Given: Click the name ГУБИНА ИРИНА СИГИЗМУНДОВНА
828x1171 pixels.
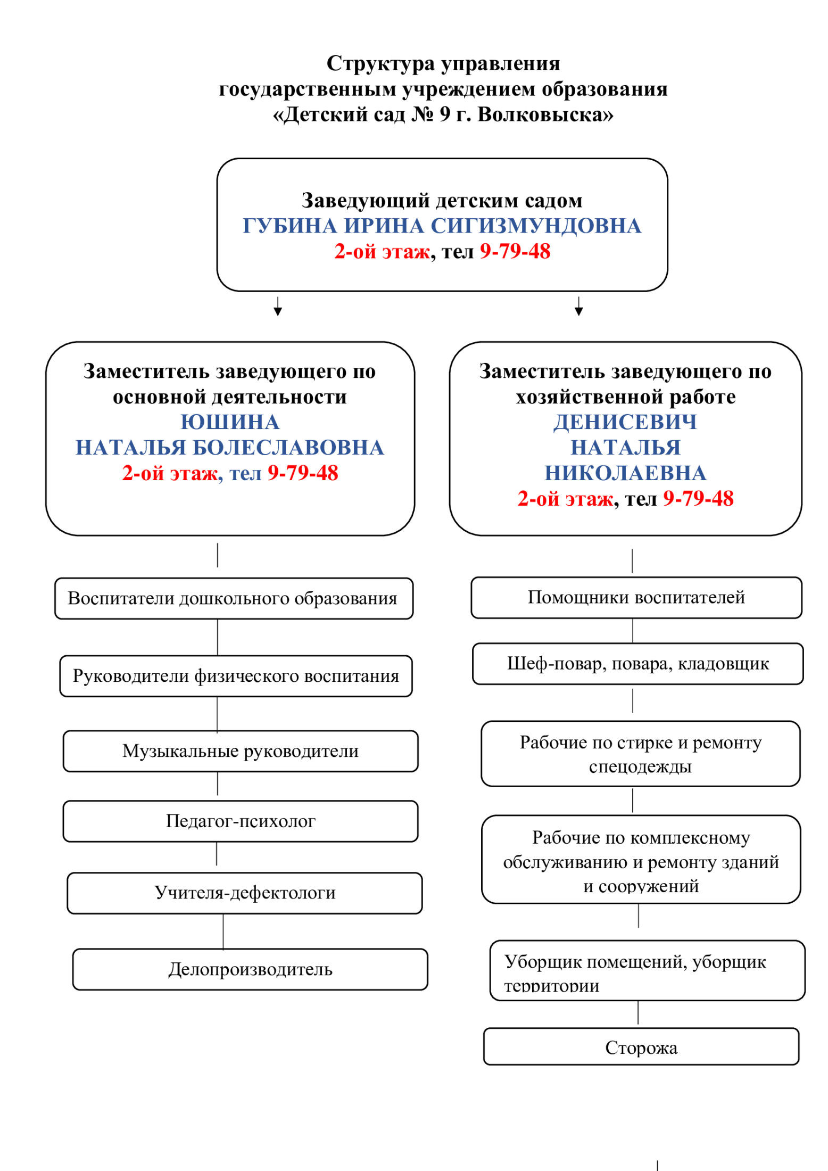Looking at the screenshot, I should click(442, 226).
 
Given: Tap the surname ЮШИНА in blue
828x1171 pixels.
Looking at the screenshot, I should click(230, 422).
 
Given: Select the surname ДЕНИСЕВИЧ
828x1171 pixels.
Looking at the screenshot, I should click(625, 422).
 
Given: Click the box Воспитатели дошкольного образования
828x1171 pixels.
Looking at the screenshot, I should click(233, 598).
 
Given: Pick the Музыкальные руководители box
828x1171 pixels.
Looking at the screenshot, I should click(240, 751).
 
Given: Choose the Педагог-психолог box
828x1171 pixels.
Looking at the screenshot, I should click(240, 821).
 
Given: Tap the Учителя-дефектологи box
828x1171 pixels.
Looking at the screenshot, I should click(245, 893).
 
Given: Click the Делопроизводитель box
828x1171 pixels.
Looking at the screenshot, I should click(250, 969).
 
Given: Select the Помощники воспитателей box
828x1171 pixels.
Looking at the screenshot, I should click(636, 597).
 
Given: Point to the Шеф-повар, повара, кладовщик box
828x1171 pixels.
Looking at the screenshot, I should click(637, 664).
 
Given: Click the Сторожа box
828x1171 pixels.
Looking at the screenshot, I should click(641, 1048).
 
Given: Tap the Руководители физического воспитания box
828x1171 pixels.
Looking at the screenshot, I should click(236, 676).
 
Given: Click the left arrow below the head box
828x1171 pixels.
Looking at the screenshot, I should click(278, 307).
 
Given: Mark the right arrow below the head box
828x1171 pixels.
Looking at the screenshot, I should click(579, 307).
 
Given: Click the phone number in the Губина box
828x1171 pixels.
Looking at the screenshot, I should click(515, 251).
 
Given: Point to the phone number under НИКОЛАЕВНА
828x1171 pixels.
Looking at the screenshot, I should click(698, 499).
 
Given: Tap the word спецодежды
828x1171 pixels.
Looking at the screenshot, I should click(640, 766).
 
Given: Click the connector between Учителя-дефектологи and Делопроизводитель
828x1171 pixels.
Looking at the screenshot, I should click(223, 931).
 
